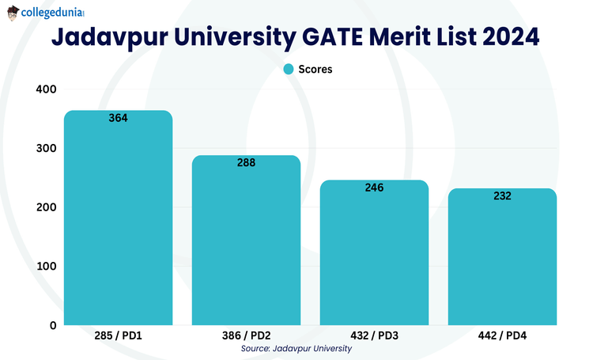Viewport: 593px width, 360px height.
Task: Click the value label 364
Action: (118, 118)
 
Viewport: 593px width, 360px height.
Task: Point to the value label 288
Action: (246, 162)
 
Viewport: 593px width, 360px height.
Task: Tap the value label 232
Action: (502, 195)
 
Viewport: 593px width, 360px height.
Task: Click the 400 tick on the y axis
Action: (46, 89)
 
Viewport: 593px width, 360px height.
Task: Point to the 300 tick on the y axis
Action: (46, 148)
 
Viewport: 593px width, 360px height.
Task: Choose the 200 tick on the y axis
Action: (46, 207)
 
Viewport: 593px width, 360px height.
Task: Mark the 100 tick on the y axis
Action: (46, 266)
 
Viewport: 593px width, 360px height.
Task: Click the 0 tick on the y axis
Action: (52, 324)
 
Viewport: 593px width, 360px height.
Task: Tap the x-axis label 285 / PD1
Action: (118, 335)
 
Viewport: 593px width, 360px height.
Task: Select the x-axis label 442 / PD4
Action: (502, 335)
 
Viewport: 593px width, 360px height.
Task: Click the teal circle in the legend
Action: (289, 69)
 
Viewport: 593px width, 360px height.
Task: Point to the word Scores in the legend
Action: (315, 69)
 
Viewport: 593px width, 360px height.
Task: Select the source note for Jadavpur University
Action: (296, 348)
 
